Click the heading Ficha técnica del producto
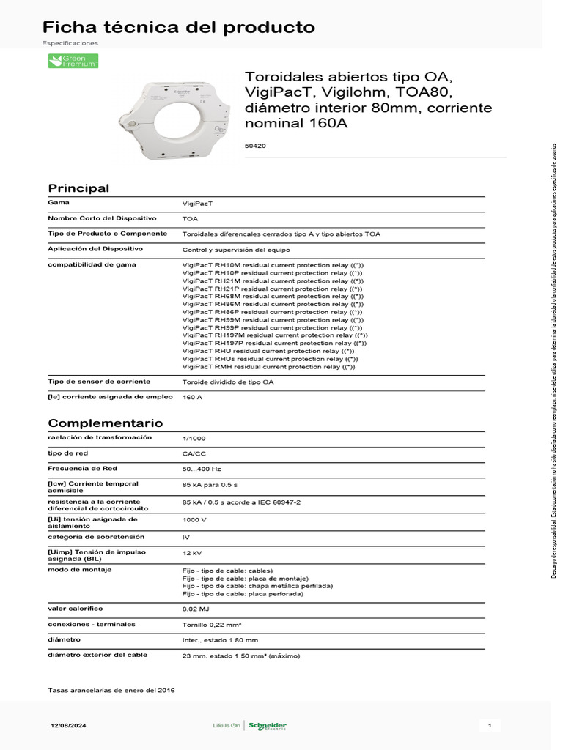coord(179,28)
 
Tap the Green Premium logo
coord(73,62)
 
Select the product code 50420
coord(255,146)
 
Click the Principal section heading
coord(78,188)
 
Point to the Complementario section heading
coord(106,423)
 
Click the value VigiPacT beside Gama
coord(197,203)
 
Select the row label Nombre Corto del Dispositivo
coord(103,218)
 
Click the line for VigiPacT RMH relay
coord(268,367)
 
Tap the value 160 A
coord(192,397)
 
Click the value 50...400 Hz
coord(202,469)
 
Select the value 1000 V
coord(194,519)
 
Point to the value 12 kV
coord(191,553)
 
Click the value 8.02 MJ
coord(195,609)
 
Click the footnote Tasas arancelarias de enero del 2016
coord(111,690)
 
